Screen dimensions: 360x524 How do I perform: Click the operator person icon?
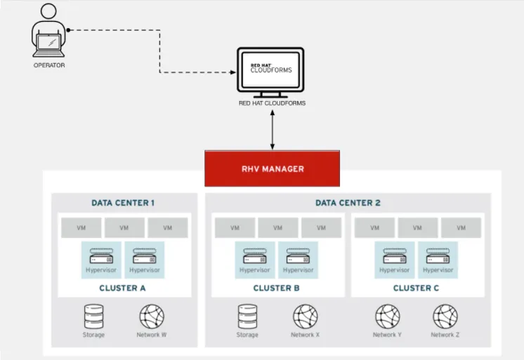48,34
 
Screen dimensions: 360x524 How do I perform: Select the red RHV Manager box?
272,168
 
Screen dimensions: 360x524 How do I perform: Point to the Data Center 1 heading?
123,203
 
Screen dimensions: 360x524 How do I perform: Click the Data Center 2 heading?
348,203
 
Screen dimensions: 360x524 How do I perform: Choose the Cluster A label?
123,288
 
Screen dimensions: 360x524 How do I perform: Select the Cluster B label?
277,288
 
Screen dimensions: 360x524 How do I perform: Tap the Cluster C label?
417,288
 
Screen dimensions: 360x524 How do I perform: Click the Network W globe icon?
152,316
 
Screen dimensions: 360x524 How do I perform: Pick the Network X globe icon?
306,316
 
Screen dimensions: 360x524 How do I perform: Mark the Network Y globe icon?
387,316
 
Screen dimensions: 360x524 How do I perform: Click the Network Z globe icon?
445,316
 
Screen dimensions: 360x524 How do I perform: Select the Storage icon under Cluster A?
93,316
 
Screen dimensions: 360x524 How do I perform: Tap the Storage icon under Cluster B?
247,316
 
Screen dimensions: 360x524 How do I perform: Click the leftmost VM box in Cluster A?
80,227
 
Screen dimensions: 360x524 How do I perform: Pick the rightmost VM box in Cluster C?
461,227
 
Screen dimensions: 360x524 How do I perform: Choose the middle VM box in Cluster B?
277,227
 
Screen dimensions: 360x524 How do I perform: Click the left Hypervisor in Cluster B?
254,260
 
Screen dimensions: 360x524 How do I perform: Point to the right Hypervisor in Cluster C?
438,260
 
